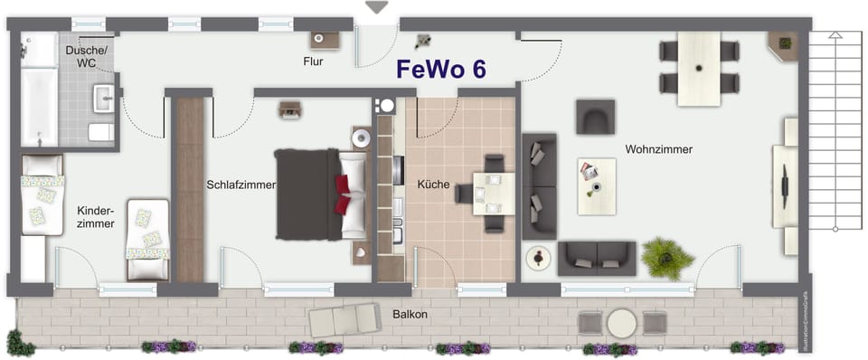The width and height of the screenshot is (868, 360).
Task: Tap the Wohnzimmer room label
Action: [x=658, y=149]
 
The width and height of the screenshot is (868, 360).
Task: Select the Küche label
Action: [x=433, y=184]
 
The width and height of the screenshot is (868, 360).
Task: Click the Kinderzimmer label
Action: [x=95, y=215]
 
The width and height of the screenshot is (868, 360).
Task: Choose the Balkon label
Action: [x=410, y=315]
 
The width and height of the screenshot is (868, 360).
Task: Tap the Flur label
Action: [x=313, y=62]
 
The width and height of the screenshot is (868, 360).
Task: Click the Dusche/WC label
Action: [x=86, y=58]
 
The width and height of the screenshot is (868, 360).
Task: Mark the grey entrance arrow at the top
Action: [x=376, y=7]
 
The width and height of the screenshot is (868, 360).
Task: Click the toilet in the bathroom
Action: [x=101, y=132]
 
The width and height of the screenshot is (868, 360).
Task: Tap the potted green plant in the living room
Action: [x=667, y=258]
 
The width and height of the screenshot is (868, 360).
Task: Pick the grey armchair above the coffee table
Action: [x=595, y=116]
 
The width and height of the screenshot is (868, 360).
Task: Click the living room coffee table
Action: [x=596, y=186]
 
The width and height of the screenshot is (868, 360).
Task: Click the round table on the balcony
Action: [x=622, y=323]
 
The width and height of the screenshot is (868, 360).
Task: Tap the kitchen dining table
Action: [x=494, y=193]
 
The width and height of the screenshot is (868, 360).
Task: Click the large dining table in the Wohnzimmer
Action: [x=698, y=69]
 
